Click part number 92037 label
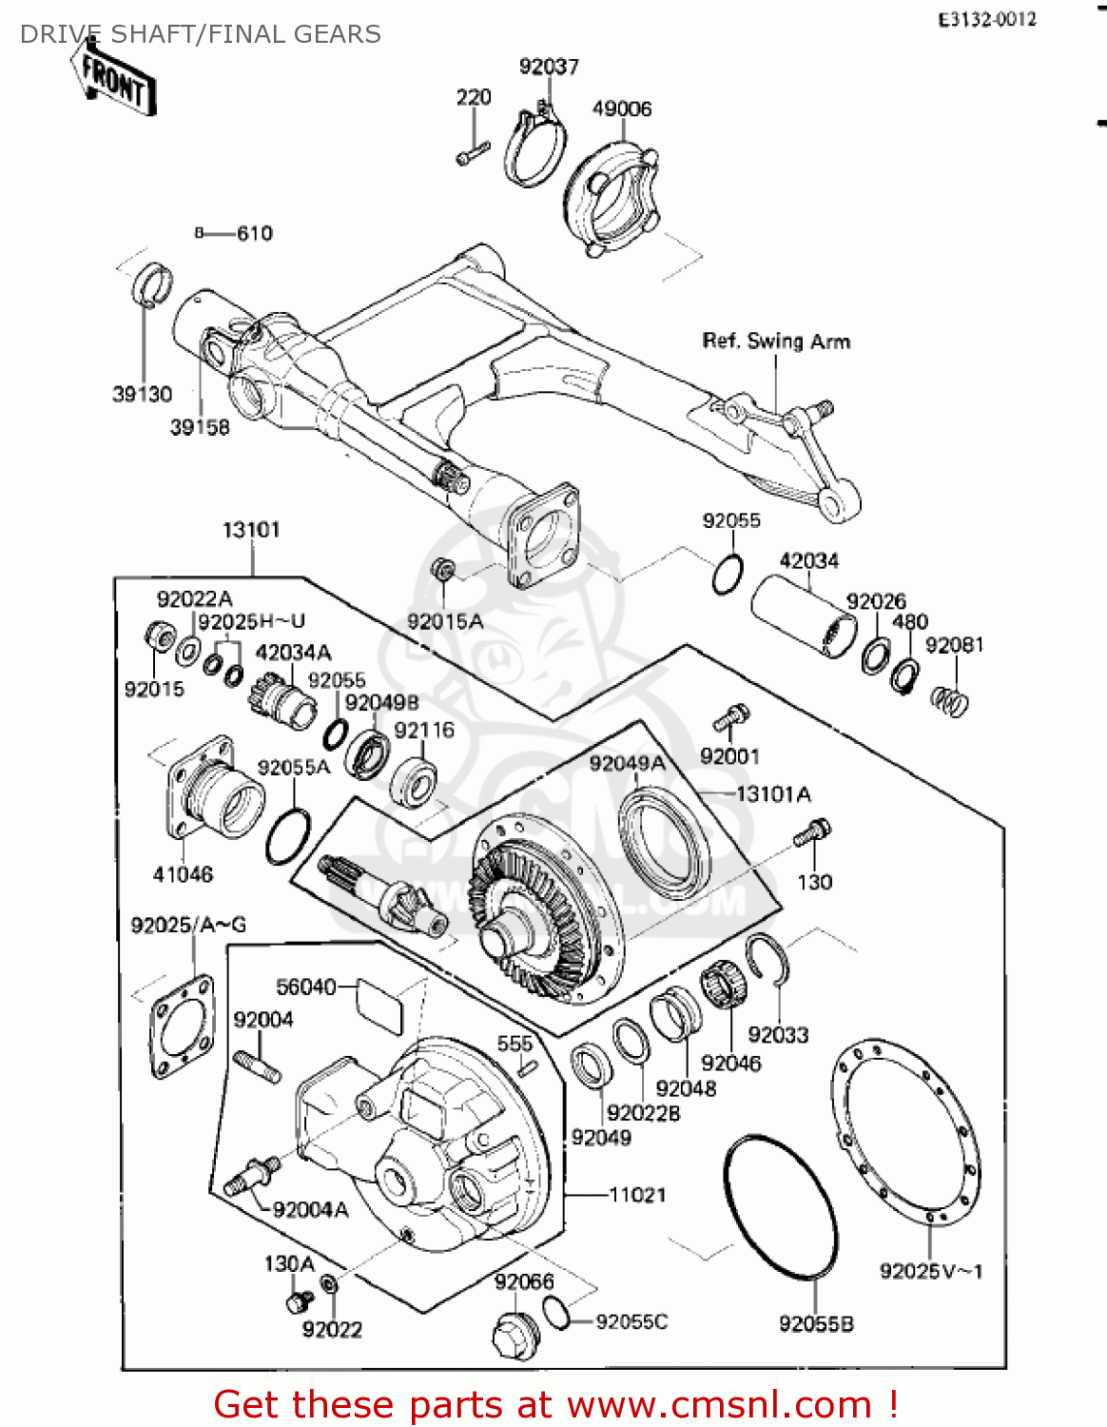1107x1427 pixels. pos(549,67)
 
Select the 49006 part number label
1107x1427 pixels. pos(622,108)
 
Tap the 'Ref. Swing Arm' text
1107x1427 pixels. pos(776,342)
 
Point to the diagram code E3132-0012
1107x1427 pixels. pos(987,20)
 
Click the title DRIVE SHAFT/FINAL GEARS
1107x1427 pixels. pos(201,35)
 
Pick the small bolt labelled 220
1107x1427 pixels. pos(473,152)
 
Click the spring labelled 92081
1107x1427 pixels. pos(949,702)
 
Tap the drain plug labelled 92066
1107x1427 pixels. pos(516,1334)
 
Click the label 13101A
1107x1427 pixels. pos(773,794)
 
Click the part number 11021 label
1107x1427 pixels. pos(637,1195)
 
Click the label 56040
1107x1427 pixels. pos(305,987)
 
